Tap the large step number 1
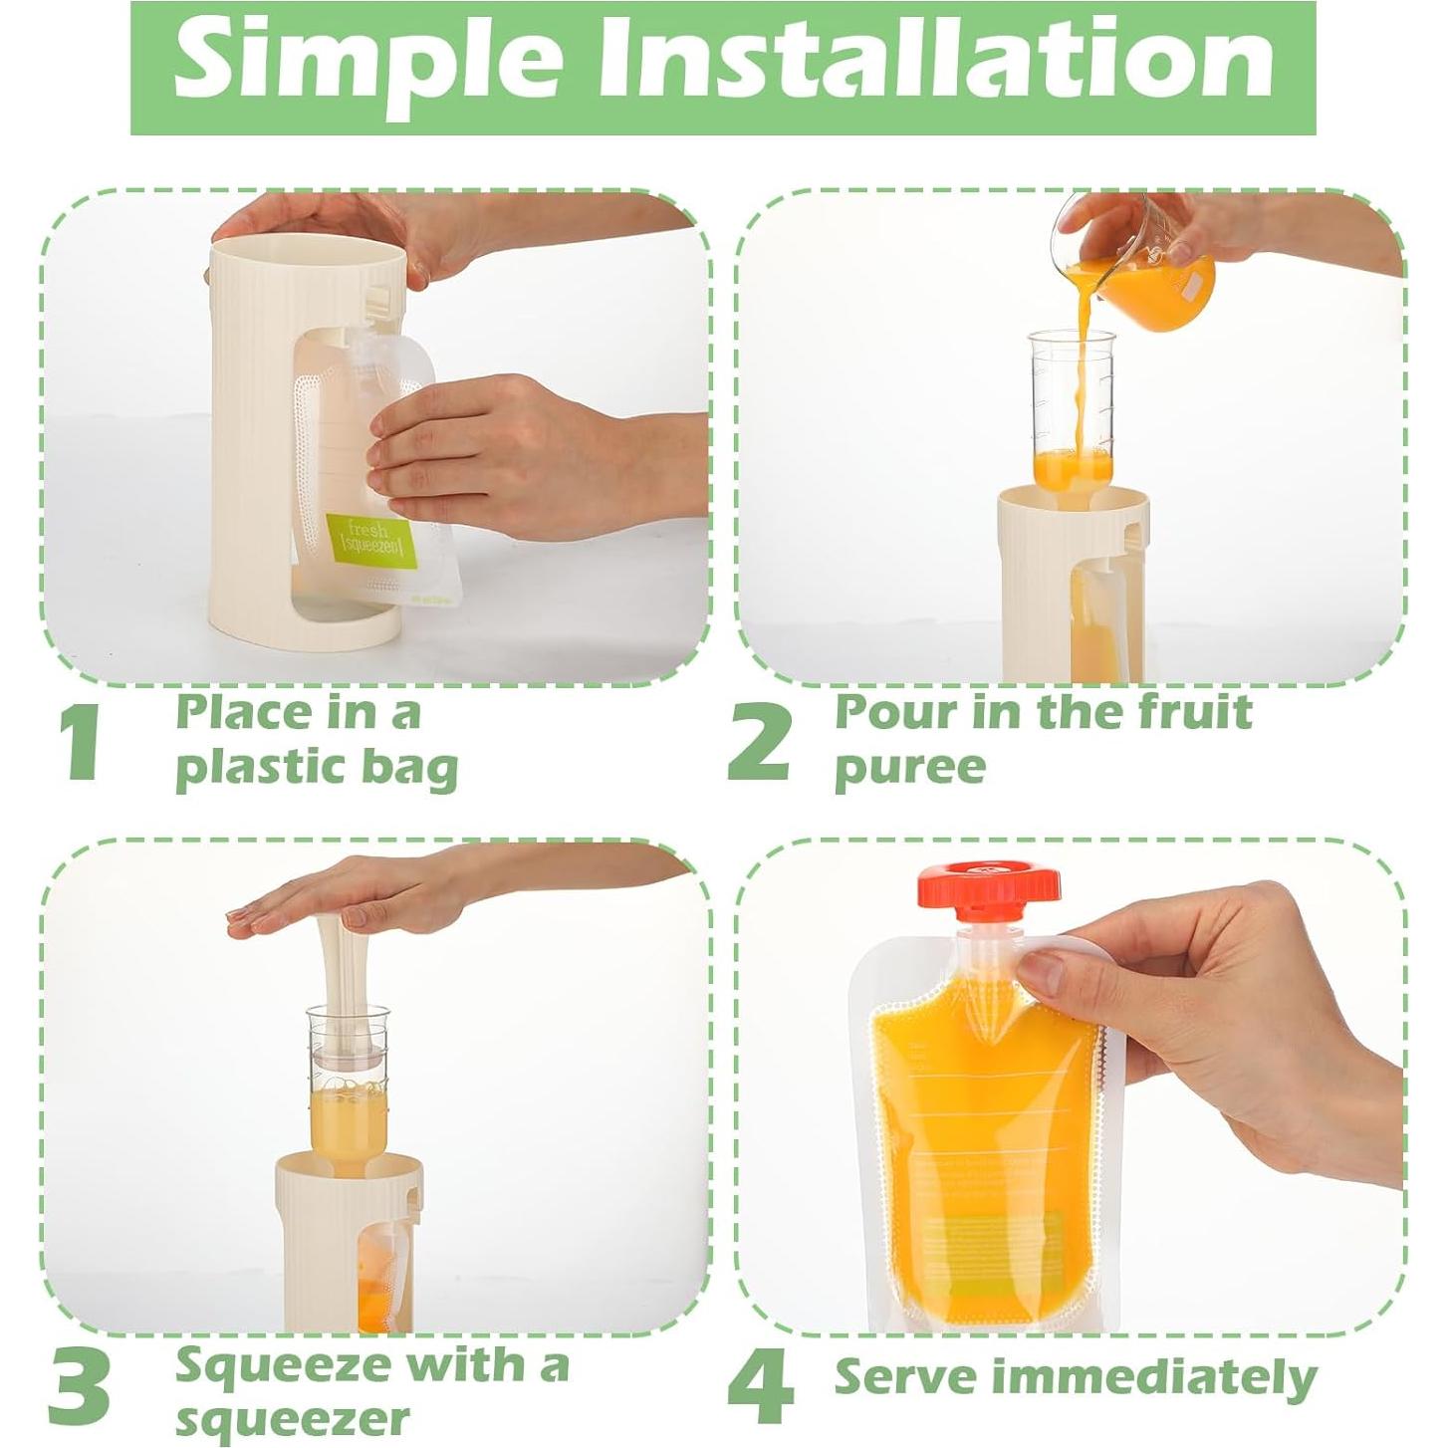[x=78, y=743]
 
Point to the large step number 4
[x=761, y=1386]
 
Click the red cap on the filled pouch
[x=988, y=888]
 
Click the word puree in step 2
[x=909, y=768]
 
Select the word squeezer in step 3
[x=292, y=1419]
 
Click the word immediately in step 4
[x=1159, y=1378]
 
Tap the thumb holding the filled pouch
[x=1066, y=971]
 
